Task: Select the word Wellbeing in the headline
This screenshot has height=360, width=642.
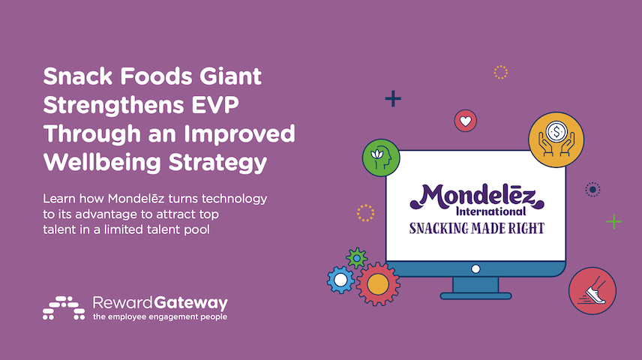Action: tap(102, 162)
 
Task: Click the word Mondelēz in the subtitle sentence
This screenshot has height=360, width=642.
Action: tap(136, 199)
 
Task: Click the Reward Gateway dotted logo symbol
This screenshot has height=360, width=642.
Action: tap(64, 308)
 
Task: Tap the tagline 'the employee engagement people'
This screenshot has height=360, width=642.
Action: tap(160, 317)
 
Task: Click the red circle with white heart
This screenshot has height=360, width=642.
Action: tap(466, 121)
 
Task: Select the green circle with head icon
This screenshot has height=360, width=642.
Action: tap(381, 157)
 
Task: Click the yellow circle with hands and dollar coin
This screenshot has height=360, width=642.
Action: tap(556, 139)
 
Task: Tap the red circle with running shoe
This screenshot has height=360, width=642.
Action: tap(592, 291)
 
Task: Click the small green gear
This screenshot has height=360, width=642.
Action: tap(356, 259)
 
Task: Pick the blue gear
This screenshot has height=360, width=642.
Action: tap(340, 280)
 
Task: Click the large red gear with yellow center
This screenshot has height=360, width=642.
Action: tap(377, 284)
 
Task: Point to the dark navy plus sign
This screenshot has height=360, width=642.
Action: tap(393, 99)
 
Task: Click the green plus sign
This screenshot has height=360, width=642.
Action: tap(613, 221)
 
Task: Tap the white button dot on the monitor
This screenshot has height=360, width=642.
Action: tap(475, 269)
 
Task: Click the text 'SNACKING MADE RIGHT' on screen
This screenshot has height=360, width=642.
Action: tap(477, 228)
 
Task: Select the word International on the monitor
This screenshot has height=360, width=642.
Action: tap(491, 211)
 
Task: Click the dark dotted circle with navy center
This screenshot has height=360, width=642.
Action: tap(592, 190)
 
